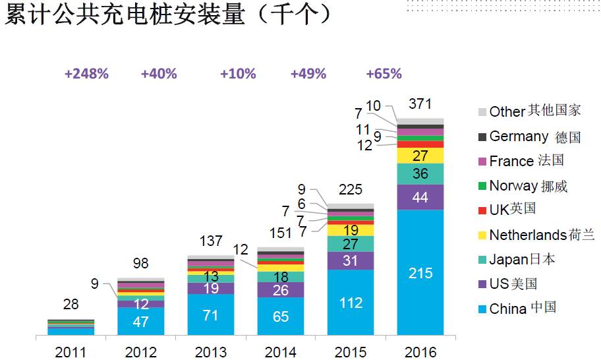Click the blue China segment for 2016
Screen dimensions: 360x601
click(x=420, y=272)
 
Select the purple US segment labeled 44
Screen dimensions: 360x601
click(x=420, y=197)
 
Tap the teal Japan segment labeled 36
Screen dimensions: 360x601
click(x=420, y=174)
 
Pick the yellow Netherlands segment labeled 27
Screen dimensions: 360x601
click(x=420, y=156)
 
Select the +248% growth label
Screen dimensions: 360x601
click(x=86, y=74)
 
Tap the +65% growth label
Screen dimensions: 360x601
click(x=384, y=74)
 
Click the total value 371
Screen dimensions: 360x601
click(x=420, y=104)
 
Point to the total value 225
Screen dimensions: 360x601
click(x=351, y=190)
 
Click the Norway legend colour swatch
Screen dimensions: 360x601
click(x=480, y=186)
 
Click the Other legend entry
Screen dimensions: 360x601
click(x=534, y=111)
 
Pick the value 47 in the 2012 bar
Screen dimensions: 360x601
click(x=140, y=322)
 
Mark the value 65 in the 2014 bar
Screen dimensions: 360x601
click(x=280, y=316)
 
